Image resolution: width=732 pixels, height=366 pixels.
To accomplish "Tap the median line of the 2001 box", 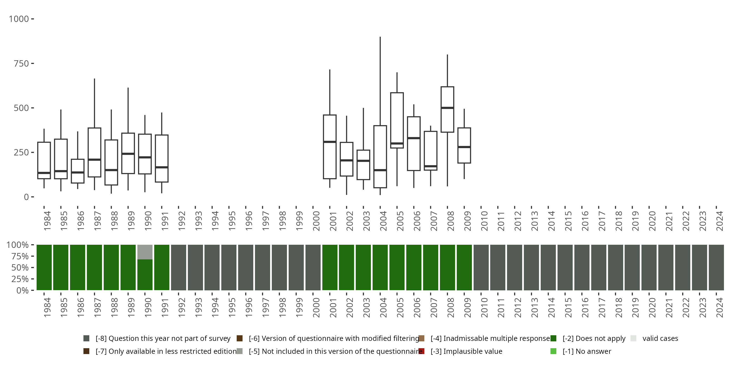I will [x=330, y=142].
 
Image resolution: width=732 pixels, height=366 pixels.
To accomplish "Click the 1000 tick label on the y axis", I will [x=19, y=19].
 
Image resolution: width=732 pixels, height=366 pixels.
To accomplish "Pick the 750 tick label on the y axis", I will [x=21, y=64].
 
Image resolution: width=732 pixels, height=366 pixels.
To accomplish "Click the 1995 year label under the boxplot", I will [x=232, y=221].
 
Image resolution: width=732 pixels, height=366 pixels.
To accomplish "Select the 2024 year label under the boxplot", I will [x=719, y=221].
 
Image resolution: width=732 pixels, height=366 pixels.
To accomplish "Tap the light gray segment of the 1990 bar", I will [x=145, y=252].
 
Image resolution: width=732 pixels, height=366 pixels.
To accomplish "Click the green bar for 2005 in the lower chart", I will [x=397, y=267].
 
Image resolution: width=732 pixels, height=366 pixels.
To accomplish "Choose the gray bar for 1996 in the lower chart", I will [x=245, y=267].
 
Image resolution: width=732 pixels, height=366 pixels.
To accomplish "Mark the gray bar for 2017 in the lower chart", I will [x=599, y=267].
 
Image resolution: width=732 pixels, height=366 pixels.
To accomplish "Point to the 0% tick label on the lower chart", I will [x=22, y=290].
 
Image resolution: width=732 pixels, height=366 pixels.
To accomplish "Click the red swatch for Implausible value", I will [x=421, y=351].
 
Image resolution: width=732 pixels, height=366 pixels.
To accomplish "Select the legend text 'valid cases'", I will [x=660, y=338].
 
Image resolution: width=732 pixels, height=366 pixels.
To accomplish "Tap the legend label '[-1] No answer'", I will [x=587, y=351].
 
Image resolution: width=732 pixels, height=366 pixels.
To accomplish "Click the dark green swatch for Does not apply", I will [x=553, y=338].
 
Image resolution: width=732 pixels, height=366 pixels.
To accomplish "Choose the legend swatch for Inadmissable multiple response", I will [x=421, y=338].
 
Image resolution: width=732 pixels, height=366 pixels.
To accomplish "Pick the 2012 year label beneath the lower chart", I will [x=518, y=307].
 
